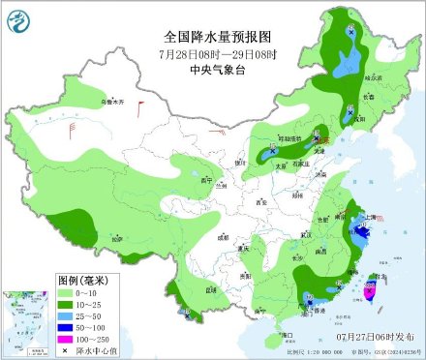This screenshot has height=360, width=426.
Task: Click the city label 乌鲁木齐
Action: (114, 101)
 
